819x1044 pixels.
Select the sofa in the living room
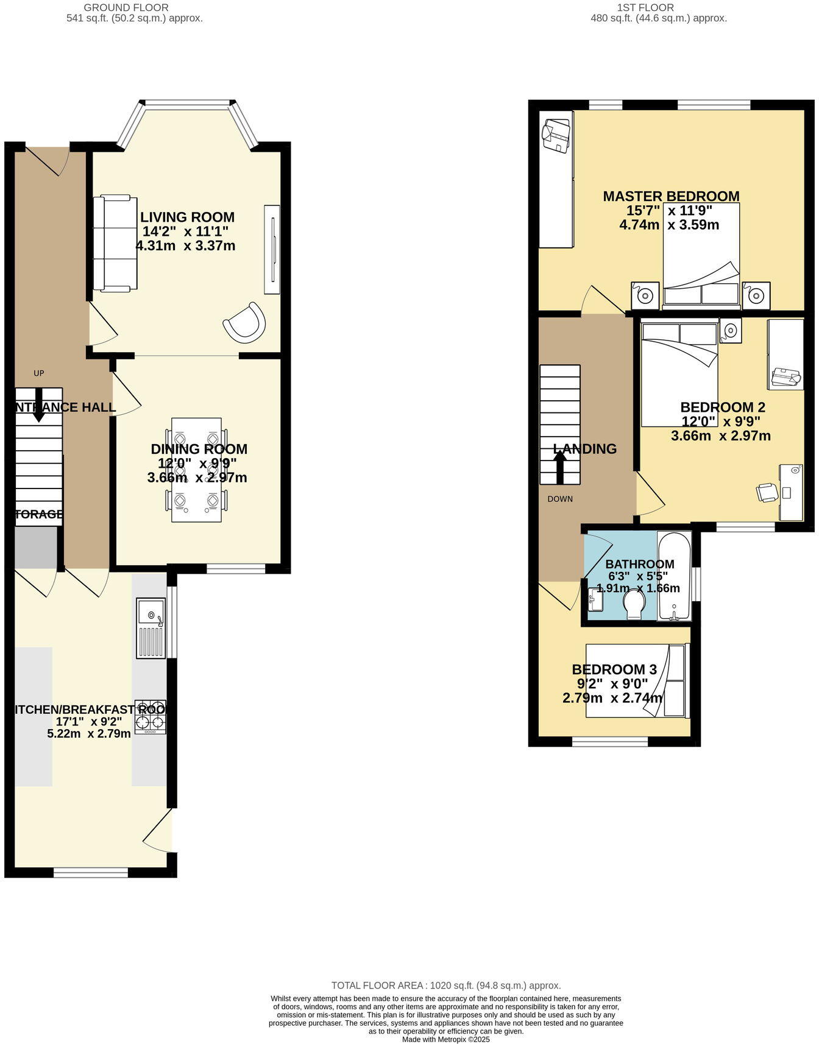(115, 244)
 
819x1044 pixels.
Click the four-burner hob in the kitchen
(151, 717)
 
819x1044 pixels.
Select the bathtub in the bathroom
(674, 576)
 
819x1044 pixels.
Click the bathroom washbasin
(595, 600)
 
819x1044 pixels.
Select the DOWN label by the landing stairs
(560, 499)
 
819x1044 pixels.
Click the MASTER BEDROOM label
(671, 196)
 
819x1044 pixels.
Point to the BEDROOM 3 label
(613, 669)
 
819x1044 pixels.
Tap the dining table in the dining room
(196, 470)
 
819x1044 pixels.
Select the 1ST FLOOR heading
(645, 8)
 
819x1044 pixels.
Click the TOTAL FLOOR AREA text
(445, 986)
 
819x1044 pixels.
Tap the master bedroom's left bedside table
(645, 296)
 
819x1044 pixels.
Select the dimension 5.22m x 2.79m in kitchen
(89, 733)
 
